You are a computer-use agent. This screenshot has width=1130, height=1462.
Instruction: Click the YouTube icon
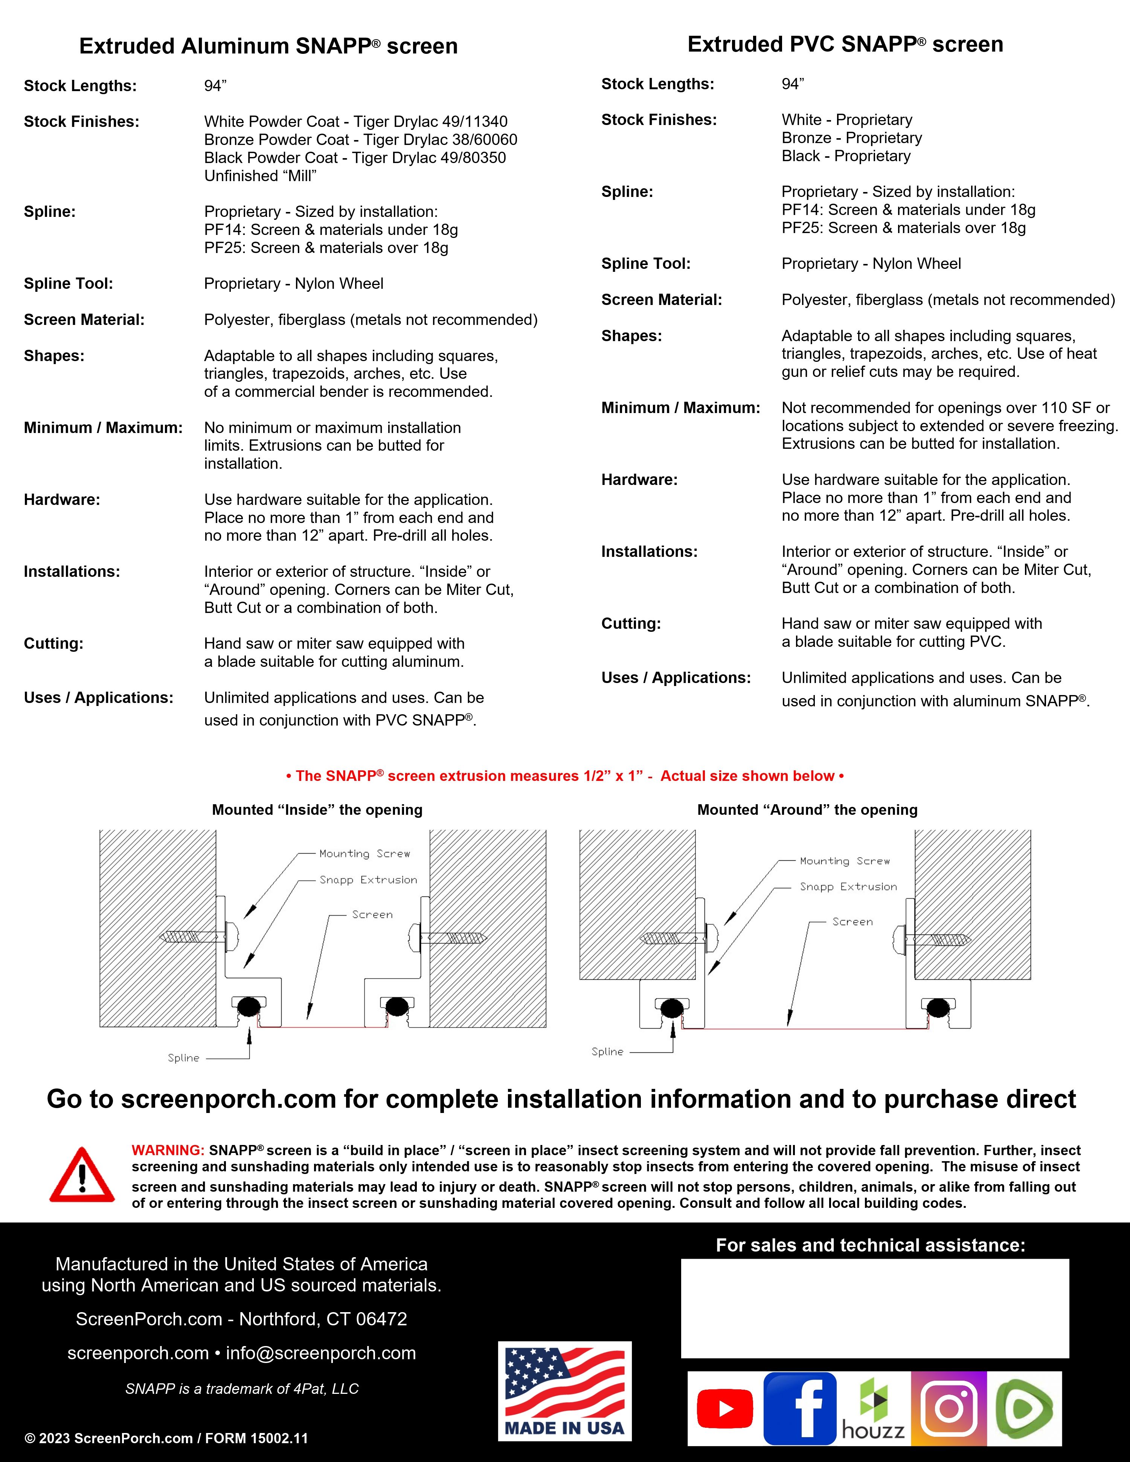point(724,1408)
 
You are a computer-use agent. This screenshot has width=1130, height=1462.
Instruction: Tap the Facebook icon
point(800,1408)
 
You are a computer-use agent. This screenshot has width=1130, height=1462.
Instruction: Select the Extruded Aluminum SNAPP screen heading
point(268,46)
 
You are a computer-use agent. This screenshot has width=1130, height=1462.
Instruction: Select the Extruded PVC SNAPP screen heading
point(845,44)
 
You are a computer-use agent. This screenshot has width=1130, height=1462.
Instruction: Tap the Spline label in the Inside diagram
point(183,1058)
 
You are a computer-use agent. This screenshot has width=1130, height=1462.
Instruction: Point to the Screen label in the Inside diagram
point(372,915)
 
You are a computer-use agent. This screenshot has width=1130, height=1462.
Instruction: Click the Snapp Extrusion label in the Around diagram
point(848,886)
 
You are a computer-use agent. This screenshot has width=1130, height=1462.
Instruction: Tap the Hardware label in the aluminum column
point(62,500)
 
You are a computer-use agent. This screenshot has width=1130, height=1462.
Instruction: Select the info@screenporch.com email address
point(321,1353)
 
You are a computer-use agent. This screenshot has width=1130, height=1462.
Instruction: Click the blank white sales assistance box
point(874,1308)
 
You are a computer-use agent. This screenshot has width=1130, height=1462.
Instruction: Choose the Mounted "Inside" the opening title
point(317,810)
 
